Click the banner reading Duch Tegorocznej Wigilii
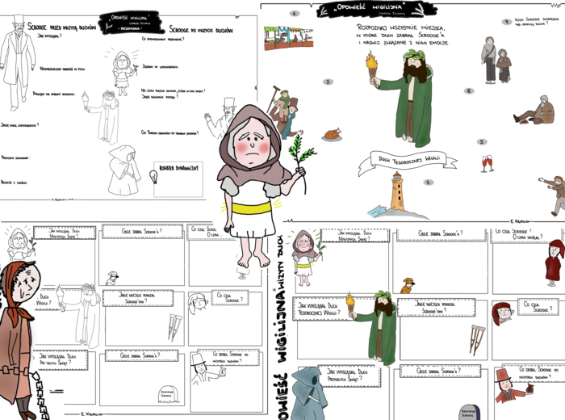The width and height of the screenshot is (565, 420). (401, 159)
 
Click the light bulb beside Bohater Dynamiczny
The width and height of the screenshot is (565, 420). (157, 177)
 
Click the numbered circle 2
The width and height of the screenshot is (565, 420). (328, 82)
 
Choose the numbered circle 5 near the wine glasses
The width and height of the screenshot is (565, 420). (483, 143)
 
